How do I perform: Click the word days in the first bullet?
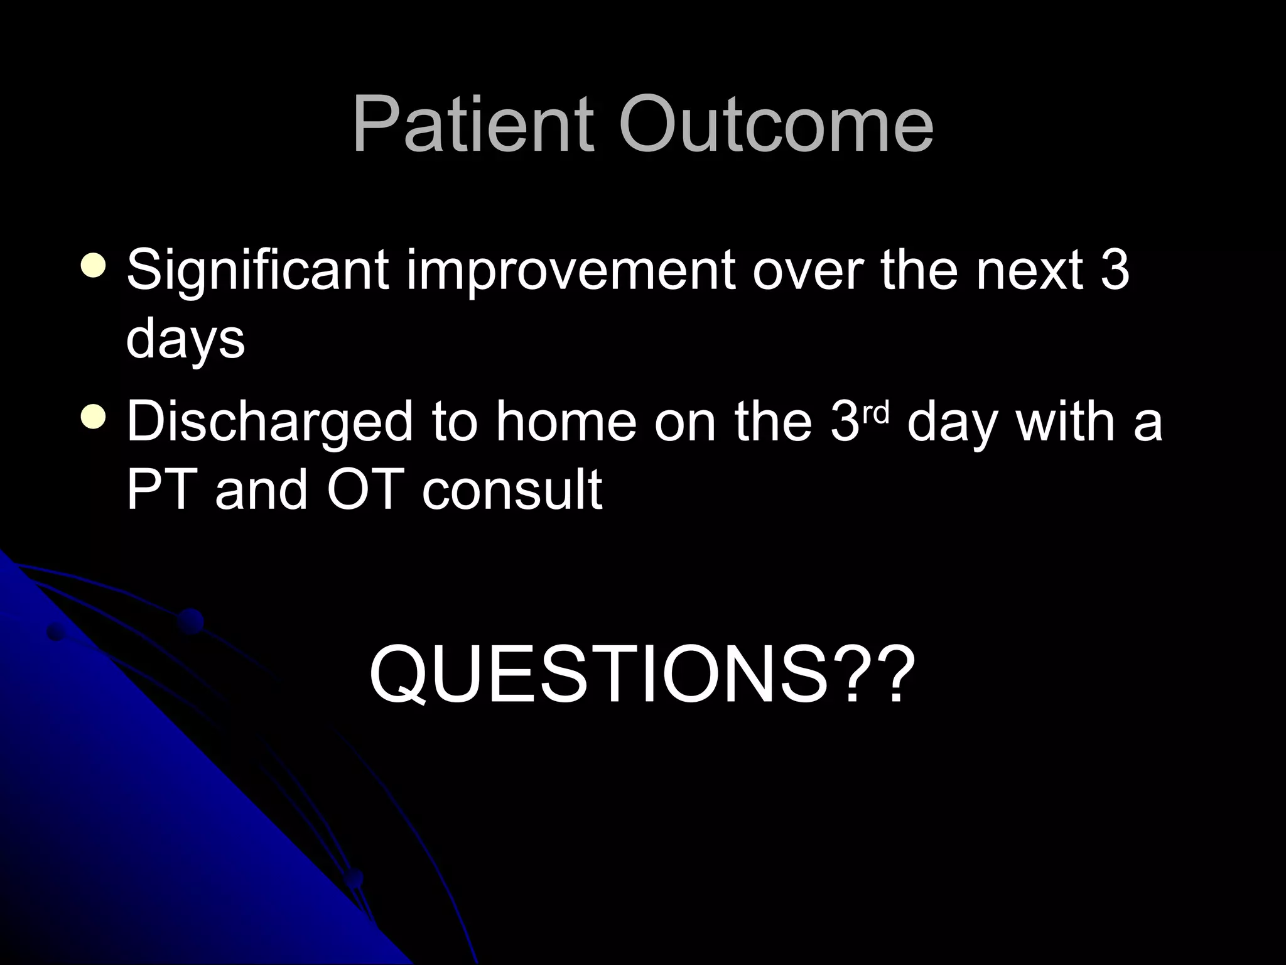[185, 340]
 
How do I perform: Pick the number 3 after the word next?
[1115, 271]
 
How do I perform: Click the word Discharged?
[270, 422]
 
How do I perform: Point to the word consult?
[512, 489]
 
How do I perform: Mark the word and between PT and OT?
[261, 489]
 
